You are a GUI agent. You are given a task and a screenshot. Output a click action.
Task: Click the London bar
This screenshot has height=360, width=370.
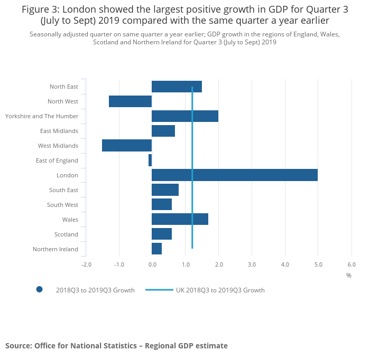pos(234,175)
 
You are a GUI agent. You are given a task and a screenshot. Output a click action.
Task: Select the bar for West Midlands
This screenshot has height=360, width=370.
pos(127,146)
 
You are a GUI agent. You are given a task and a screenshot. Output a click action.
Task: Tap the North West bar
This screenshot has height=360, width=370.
pos(130,101)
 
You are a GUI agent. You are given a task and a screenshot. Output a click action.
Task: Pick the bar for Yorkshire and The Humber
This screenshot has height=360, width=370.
pos(184,116)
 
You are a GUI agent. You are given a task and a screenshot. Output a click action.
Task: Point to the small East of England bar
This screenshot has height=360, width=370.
pos(150,160)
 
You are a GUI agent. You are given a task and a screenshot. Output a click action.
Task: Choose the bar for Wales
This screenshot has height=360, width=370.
pos(180,220)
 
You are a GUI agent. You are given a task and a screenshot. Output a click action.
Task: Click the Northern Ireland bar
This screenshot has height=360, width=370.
pos(156,249)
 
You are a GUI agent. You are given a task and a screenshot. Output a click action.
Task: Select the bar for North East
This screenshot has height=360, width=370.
pos(177,87)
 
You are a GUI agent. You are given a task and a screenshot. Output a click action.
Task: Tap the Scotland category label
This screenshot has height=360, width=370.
pos(66,234)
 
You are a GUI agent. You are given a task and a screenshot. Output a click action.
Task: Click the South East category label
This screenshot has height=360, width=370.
pos(63,190)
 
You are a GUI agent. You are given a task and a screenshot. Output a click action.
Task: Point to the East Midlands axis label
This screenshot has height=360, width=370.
pos(59,131)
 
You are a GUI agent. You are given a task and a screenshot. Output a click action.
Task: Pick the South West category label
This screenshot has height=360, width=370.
pos(62,205)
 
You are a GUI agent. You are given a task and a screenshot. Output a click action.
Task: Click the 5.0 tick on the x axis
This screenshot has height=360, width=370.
pos(318,264)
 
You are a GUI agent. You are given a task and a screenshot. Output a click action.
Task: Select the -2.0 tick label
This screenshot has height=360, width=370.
pos(86,264)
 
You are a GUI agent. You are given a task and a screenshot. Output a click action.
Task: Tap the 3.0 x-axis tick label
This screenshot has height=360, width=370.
pos(252,264)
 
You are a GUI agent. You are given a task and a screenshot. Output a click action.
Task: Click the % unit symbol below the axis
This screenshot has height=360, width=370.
pos(349,276)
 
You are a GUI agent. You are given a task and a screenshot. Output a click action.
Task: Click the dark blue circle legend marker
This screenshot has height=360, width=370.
pos(39,289)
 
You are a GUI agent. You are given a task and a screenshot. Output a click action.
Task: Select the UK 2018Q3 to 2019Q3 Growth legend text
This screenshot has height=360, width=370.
pos(220,290)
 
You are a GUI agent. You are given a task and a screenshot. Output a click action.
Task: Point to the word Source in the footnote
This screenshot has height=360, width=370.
pos(18,346)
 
